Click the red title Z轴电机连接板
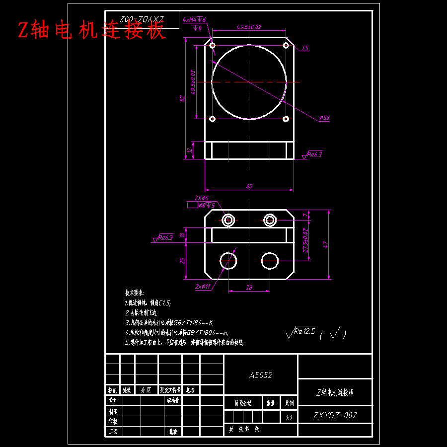91,31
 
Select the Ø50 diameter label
324,118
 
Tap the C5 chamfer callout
305,48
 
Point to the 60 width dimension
249,186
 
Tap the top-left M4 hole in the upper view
213,46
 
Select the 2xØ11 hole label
203,287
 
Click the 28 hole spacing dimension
249,288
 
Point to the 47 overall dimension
325,244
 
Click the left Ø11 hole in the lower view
228,260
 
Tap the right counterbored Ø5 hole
270,220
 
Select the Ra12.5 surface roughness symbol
300,330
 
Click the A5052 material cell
261,375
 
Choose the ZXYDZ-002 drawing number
335,416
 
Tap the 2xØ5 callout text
202,198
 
